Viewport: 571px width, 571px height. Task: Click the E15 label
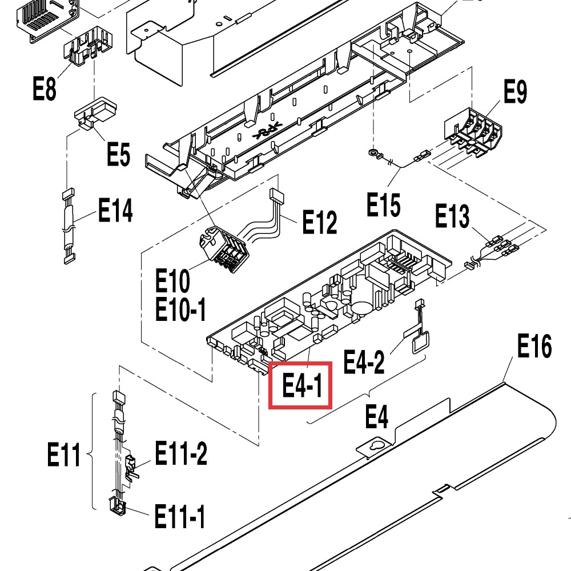[383, 206]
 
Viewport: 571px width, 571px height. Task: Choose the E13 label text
[452, 216]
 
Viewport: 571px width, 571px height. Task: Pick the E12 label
[319, 222]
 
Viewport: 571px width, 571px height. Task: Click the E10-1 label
[181, 310]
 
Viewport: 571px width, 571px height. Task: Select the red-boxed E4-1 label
[300, 385]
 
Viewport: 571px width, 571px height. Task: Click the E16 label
[534, 346]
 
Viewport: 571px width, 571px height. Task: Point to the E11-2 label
[181, 455]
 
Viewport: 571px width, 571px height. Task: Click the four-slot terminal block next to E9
[473, 132]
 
